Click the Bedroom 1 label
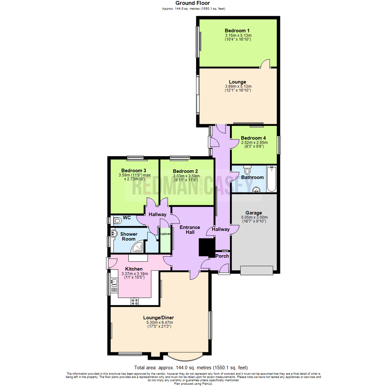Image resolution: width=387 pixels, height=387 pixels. coord(238,30)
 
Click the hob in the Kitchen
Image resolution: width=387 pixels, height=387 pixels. coord(135,302)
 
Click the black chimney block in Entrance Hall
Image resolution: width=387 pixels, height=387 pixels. coord(206,248)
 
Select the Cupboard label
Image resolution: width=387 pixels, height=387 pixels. coord(165,234)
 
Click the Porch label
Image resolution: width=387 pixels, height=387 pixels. coord(222,256)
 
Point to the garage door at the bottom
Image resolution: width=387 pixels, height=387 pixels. coord(256,270)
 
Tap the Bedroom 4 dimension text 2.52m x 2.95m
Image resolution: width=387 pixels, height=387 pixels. coord(254,142)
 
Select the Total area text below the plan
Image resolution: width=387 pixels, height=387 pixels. coord(191,368)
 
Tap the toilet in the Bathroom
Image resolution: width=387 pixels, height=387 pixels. coord(247,171)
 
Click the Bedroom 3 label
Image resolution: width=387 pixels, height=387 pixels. coord(133,170)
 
